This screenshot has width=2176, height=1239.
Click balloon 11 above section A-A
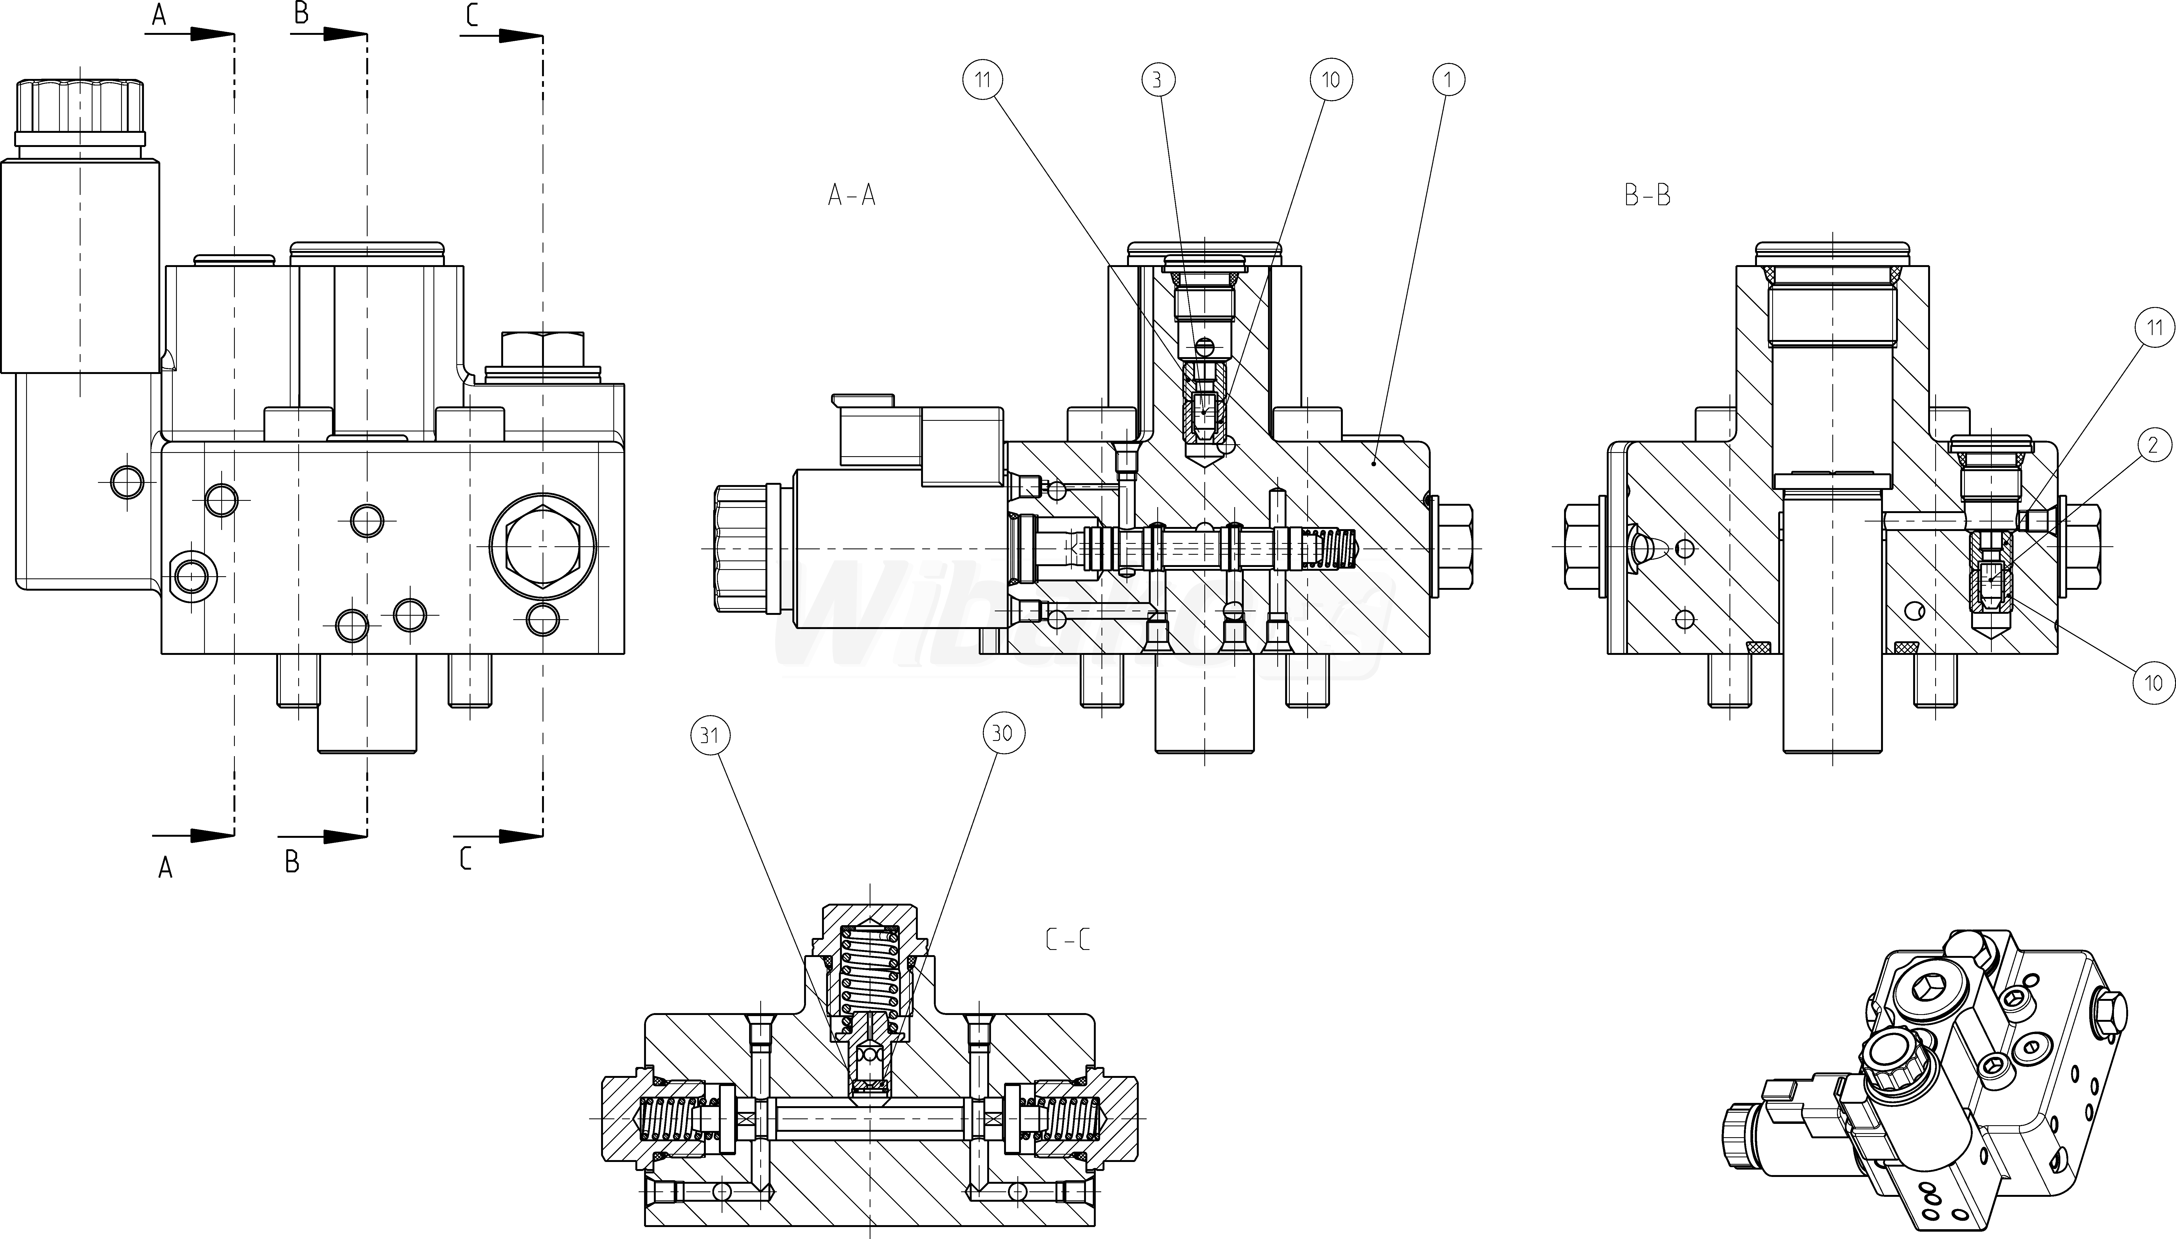[x=983, y=80]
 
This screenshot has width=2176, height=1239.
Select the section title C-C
[x=1067, y=940]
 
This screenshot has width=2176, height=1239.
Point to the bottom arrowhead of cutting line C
[x=519, y=836]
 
